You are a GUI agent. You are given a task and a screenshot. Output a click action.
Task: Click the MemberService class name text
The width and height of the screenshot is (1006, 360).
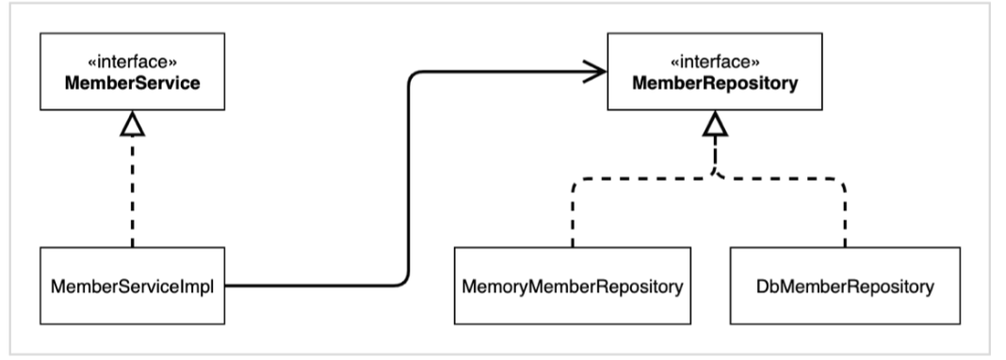132,84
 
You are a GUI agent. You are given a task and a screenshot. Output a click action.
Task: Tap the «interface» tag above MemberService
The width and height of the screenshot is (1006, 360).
132,62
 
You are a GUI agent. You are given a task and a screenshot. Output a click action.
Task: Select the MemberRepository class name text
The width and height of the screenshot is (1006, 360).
715,84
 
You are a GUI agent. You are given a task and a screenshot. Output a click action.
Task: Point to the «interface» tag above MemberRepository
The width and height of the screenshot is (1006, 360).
715,62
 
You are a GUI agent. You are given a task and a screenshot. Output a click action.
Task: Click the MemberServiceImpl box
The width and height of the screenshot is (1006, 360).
132,286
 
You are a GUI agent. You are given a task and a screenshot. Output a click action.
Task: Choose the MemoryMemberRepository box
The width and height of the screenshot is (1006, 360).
573,286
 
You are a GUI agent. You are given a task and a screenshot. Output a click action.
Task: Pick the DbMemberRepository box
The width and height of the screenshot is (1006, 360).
845,286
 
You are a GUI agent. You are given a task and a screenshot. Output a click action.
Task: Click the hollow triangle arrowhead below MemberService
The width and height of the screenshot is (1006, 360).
132,123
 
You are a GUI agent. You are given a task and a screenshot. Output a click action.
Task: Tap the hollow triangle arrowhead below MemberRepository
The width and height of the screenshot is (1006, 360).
715,123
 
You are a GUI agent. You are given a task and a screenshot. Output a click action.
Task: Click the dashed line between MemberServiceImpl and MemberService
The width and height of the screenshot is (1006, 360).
132,192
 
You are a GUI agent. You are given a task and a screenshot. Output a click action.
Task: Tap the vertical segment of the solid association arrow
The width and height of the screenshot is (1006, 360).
408,178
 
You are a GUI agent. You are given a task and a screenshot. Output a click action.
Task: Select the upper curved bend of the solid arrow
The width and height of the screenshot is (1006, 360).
413,75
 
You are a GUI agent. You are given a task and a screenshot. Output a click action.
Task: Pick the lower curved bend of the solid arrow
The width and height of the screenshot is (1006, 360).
403,281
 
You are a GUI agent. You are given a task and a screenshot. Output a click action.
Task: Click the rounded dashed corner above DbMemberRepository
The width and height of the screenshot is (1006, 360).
840,182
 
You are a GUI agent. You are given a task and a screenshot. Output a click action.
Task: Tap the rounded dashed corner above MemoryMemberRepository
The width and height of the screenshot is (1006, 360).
576,182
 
